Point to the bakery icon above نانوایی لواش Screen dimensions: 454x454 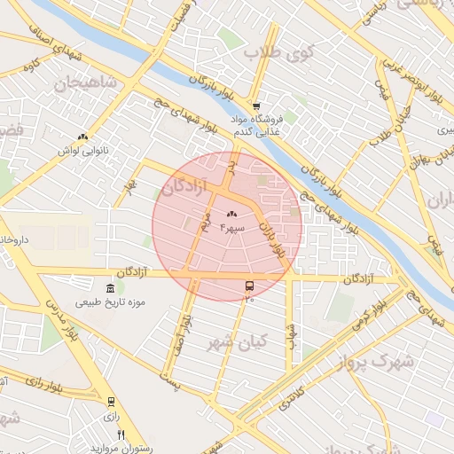click(82, 137)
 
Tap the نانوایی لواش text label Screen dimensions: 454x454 click(82, 152)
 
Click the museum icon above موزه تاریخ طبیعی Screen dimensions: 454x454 click(110, 288)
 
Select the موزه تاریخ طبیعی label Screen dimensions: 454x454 click(112, 303)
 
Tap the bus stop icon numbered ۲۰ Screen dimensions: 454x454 click(249, 286)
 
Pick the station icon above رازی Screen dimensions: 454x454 click(111, 402)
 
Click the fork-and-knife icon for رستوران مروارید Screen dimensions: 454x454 click(121, 434)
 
